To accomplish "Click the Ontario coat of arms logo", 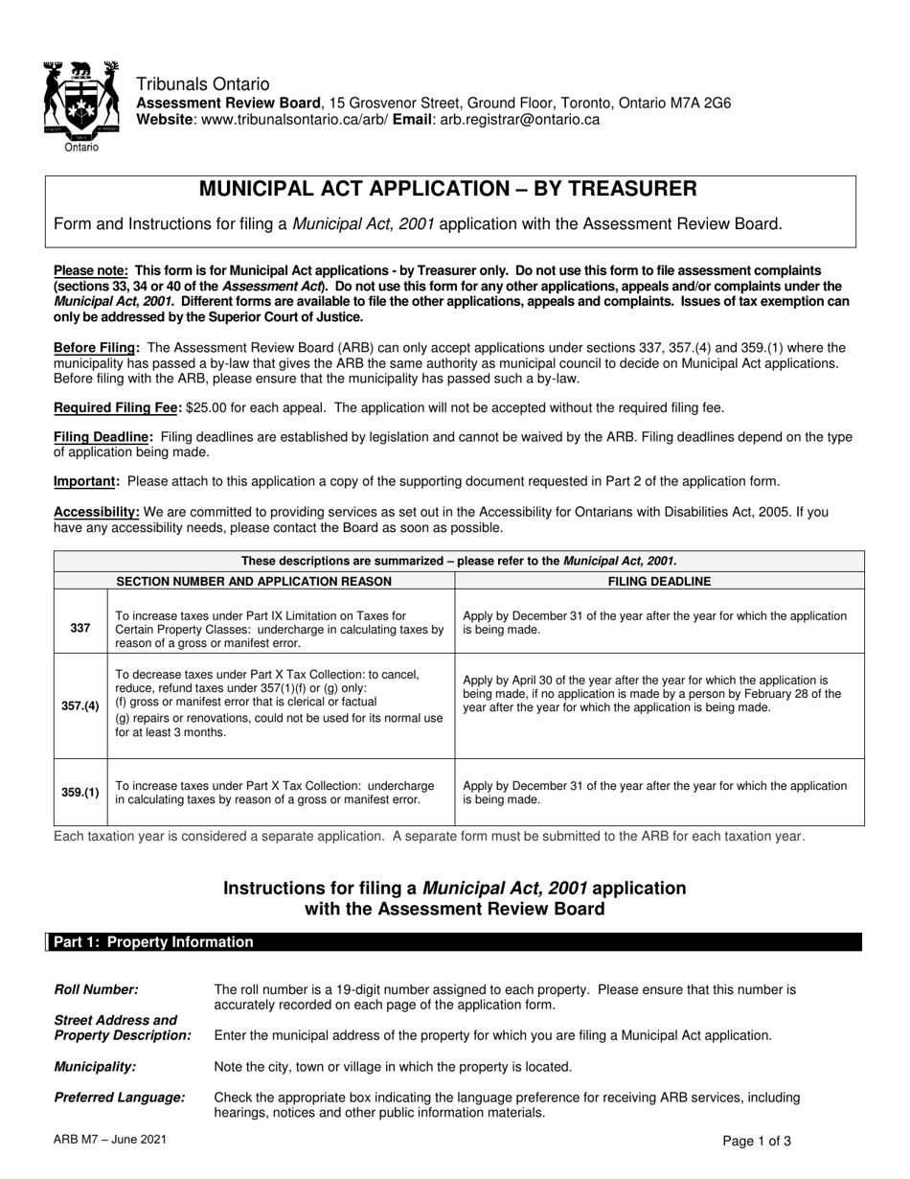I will pyautogui.click(x=80, y=103).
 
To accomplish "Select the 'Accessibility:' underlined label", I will pyautogui.click(x=97, y=512).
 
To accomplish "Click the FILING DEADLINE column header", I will pyautogui.click(x=659, y=581).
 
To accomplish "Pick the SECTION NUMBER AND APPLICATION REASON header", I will pyautogui.click(x=254, y=581).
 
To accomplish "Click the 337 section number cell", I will pyautogui.click(x=80, y=629).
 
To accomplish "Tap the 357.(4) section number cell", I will pyautogui.click(x=80, y=705).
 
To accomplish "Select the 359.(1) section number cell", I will pyautogui.click(x=80, y=792).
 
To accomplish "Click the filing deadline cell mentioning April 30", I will pyautogui.click(x=651, y=693).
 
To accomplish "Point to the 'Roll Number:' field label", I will pyautogui.click(x=96, y=989).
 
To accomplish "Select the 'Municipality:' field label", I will pyautogui.click(x=95, y=1066).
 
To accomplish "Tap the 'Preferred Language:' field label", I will pyautogui.click(x=119, y=1097).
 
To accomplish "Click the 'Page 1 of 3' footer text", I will pyautogui.click(x=757, y=1141).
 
